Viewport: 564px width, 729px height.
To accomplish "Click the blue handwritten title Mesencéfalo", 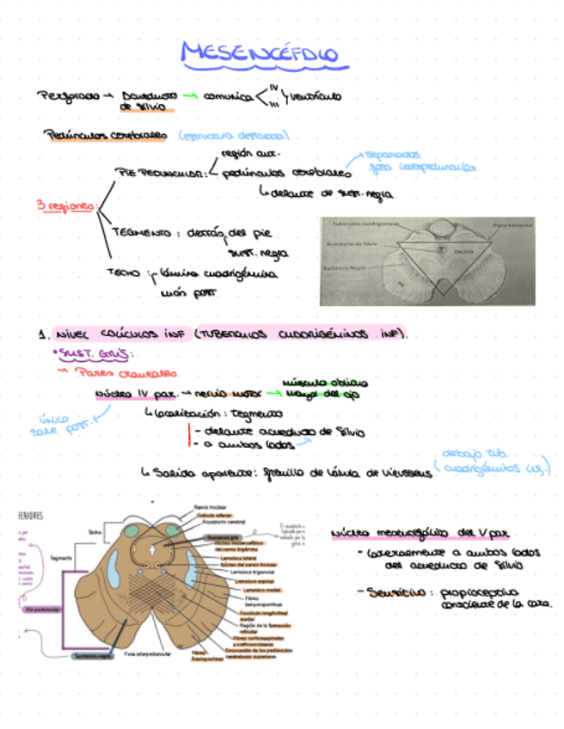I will (260, 54).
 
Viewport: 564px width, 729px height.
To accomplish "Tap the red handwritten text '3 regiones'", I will (65, 206).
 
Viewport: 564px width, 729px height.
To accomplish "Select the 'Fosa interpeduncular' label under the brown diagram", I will (143, 655).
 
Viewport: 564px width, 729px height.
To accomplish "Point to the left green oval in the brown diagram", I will (130, 532).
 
